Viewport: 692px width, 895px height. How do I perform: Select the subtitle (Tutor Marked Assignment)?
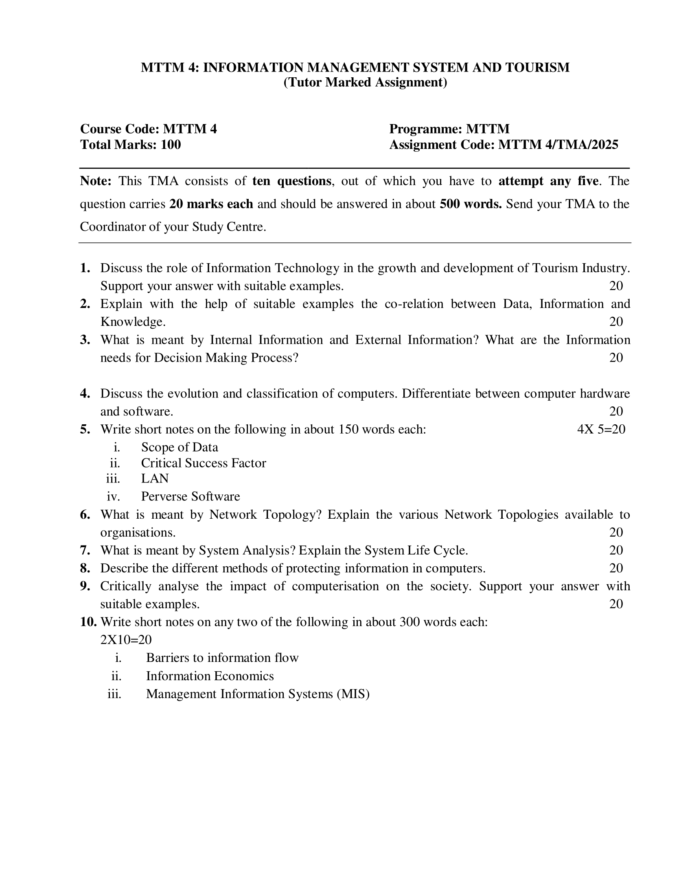tap(365, 82)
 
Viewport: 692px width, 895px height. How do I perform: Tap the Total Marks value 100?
tap(171, 145)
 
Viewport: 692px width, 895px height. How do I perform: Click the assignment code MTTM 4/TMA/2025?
tap(558, 145)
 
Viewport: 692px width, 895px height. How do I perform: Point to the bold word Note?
tap(96, 181)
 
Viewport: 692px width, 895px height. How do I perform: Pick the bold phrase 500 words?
tap(470, 204)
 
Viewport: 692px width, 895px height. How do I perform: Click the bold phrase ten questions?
tap(291, 181)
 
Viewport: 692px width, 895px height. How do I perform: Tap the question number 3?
tap(85, 340)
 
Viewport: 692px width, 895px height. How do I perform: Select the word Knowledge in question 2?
tap(133, 322)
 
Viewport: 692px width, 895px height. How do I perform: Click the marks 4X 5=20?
tap(601, 429)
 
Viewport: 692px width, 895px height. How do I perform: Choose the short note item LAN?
tap(155, 478)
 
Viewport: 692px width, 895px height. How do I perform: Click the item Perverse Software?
tap(191, 496)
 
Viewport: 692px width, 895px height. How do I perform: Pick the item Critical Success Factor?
tap(204, 463)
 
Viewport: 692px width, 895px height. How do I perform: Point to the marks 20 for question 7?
tap(616, 550)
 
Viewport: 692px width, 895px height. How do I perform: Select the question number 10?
tap(88, 622)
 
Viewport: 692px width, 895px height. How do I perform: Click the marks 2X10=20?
tap(126, 639)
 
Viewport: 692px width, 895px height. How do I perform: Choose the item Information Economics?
tap(210, 676)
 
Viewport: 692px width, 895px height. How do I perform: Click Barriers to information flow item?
tap(222, 658)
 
